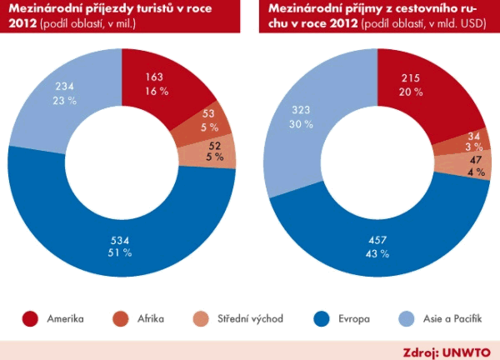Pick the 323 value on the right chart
tap(301, 109)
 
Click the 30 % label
tap(301, 123)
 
